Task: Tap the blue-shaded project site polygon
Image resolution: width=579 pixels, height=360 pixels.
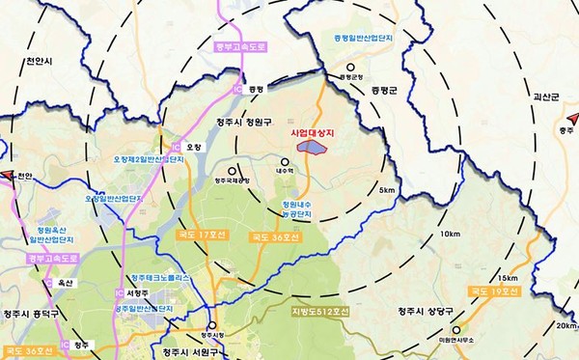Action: point(313,147)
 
